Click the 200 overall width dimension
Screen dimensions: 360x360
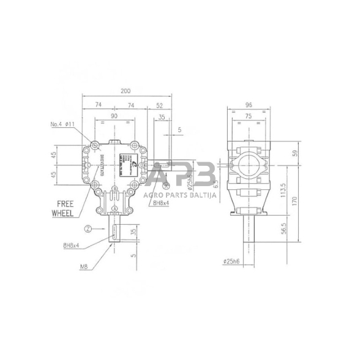pyautogui.click(x=126, y=91)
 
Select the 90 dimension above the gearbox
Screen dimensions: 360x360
pyautogui.click(x=114, y=116)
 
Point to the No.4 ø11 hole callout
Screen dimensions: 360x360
pyautogui.click(x=63, y=124)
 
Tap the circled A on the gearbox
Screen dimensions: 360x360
pyautogui.click(x=114, y=208)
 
